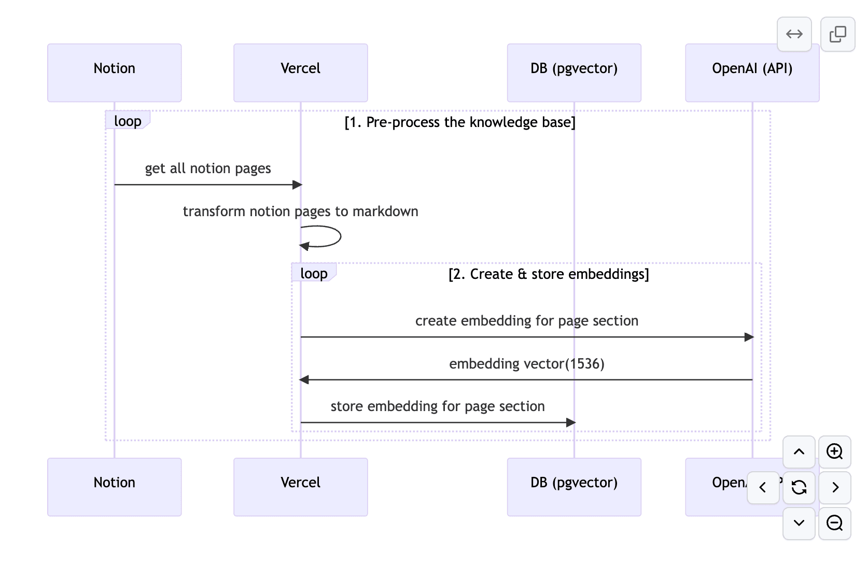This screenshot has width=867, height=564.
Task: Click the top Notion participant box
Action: tap(114, 73)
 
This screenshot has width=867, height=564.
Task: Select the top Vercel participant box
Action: tap(300, 73)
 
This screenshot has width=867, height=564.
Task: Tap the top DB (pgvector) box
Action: tap(574, 73)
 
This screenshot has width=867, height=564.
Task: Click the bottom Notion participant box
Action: tap(114, 486)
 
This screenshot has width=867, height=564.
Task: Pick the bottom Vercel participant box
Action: tap(300, 486)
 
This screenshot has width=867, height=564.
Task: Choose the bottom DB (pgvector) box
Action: tap(574, 486)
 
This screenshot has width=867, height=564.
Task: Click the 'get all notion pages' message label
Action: tap(207, 168)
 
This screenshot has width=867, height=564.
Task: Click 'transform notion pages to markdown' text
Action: tap(300, 212)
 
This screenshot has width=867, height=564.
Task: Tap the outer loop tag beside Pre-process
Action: tap(128, 121)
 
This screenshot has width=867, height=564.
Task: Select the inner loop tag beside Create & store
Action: tap(314, 273)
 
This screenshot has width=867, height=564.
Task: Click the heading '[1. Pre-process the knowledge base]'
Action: tap(459, 122)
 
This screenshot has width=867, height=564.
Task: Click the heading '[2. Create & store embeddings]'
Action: tap(548, 274)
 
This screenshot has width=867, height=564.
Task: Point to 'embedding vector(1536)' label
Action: tap(526, 364)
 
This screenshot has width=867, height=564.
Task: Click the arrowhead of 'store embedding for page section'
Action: tap(570, 422)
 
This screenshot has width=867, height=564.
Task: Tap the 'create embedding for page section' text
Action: tap(526, 321)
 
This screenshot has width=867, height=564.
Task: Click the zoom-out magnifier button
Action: tap(834, 523)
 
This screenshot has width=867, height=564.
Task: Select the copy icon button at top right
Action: tap(837, 34)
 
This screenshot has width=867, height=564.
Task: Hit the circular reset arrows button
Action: tap(799, 487)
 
